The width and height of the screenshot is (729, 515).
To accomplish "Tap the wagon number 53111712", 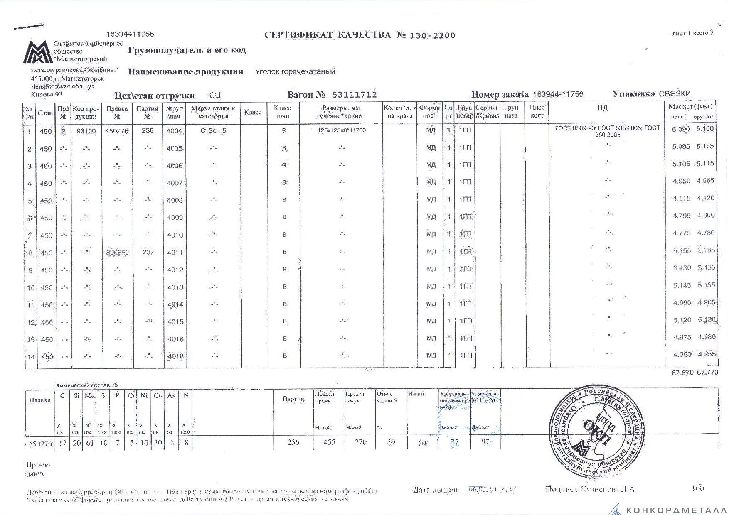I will pyautogui.click(x=355, y=95).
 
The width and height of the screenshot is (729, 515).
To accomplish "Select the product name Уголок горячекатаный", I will pyautogui.click(x=295, y=71).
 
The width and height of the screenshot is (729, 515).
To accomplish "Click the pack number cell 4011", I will pyautogui.click(x=175, y=252).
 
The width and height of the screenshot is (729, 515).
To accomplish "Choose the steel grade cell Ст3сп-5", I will pyautogui.click(x=213, y=131).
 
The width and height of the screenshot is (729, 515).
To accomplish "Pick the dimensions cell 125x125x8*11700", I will pyautogui.click(x=341, y=130).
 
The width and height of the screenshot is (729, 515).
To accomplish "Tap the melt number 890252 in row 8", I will pyautogui.click(x=118, y=252).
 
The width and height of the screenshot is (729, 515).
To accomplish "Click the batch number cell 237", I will pyautogui.click(x=148, y=252).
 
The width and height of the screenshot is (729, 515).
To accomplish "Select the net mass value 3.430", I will pyautogui.click(x=682, y=268).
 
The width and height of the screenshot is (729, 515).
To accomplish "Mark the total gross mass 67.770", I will pyautogui.click(x=707, y=373).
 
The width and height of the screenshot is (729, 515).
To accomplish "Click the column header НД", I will pyautogui.click(x=602, y=108).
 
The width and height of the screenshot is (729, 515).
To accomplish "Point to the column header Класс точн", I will pyautogui.click(x=283, y=112).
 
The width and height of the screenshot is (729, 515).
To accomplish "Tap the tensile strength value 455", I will pyautogui.click(x=329, y=442).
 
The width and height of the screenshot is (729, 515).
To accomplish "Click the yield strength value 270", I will pyautogui.click(x=360, y=442).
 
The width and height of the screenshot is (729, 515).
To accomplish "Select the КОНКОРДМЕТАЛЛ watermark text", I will pyautogui.click(x=677, y=510).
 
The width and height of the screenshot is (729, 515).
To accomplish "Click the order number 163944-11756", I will pyautogui.click(x=558, y=94).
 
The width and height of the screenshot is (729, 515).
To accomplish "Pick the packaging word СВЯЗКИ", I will pyautogui.click(x=675, y=94).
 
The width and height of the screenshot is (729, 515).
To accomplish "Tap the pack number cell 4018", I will pyautogui.click(x=175, y=356).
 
